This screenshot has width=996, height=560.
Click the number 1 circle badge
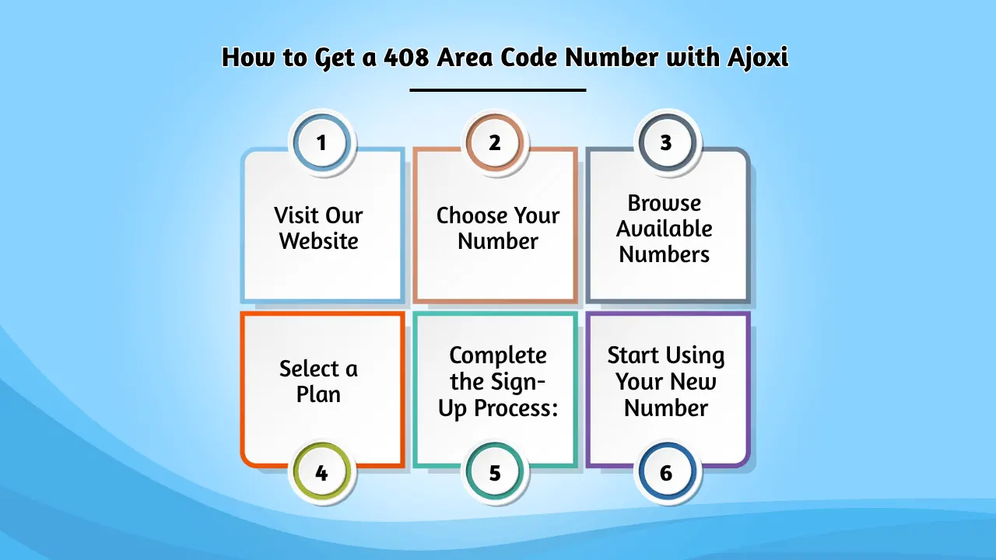(321, 142)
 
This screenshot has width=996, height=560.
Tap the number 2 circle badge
(495, 142)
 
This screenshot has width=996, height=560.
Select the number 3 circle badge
(666, 142)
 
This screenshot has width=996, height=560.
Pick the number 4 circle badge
(321, 472)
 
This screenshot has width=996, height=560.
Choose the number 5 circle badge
(495, 472)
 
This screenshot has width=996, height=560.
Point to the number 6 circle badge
(666, 472)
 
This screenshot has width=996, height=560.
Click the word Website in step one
(319, 241)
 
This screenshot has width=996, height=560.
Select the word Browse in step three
(665, 203)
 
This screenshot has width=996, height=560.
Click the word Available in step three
(665, 229)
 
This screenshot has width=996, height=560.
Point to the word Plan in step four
(318, 394)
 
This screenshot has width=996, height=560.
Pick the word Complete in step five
(498, 355)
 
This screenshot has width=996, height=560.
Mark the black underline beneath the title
(498, 90)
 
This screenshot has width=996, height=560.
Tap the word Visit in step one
(296, 215)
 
